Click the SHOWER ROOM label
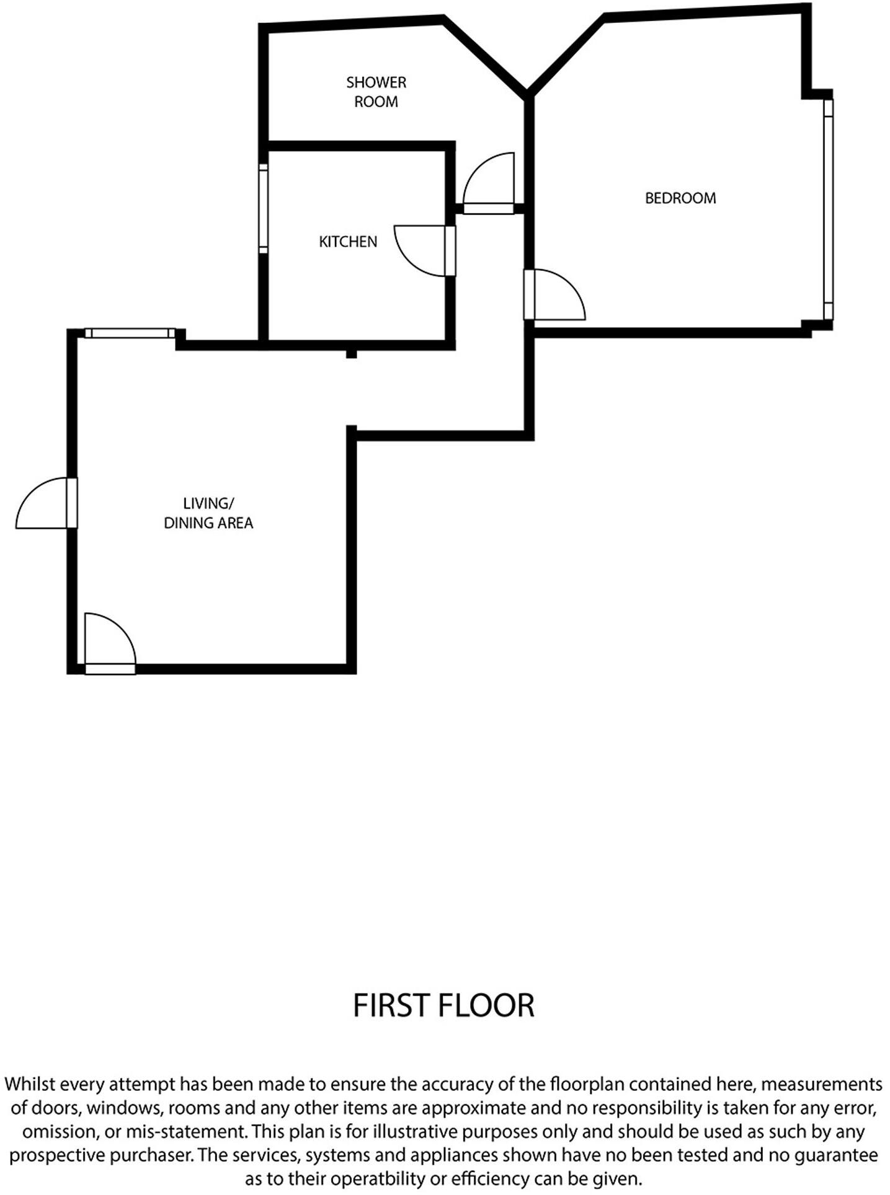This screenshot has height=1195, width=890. tap(376, 92)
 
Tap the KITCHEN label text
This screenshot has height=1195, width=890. tap(348, 242)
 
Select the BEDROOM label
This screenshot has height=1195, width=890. tap(680, 198)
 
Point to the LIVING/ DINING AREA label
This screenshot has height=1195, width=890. tap(208, 513)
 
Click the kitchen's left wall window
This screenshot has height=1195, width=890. tap(264, 209)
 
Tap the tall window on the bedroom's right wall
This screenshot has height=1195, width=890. tap(828, 209)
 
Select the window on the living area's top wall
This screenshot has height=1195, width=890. tap(130, 333)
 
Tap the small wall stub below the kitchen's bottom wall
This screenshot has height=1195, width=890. tap(351, 354)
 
